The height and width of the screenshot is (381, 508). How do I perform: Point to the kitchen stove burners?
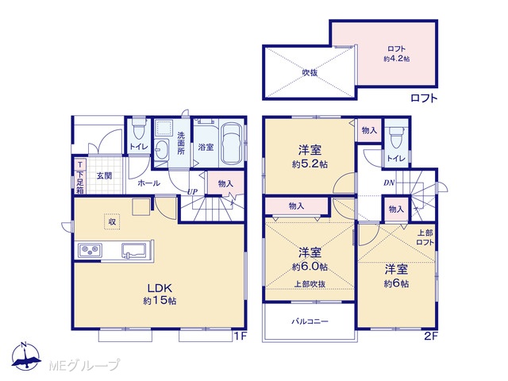(x=90, y=251)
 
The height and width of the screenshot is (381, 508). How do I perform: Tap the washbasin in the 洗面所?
(x=161, y=150)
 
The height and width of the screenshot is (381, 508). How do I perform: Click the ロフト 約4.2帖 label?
(x=397, y=54)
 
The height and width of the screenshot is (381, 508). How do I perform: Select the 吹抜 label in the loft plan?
(x=310, y=72)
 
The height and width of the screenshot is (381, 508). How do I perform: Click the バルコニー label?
(x=310, y=321)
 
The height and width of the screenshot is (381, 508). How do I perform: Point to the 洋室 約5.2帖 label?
(x=310, y=157)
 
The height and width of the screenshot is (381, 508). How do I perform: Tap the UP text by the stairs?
(x=192, y=191)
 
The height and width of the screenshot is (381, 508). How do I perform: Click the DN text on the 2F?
(x=389, y=183)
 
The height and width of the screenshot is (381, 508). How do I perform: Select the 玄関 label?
(x=105, y=176)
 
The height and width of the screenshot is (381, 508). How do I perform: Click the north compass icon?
(x=25, y=356)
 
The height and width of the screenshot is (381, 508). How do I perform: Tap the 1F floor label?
(x=240, y=337)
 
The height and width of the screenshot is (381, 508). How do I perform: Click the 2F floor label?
(x=431, y=337)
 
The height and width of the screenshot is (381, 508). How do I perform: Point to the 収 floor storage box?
(x=112, y=222)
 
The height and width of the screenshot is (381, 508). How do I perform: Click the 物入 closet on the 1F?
(x=225, y=183)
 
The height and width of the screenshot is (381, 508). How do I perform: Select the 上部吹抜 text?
(x=310, y=284)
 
